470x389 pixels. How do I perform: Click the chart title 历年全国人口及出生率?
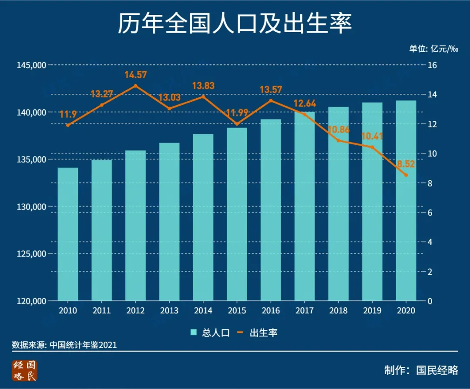[235, 24]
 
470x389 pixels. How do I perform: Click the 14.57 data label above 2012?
[135, 75]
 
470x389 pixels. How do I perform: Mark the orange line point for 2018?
[338, 140]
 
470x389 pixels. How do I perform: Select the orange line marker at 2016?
[271, 100]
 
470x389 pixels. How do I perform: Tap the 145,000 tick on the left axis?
[31, 65]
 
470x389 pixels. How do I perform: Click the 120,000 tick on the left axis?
[31, 301]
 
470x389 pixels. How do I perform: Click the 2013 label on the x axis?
[169, 311]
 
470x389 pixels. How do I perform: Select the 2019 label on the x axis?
[372, 311]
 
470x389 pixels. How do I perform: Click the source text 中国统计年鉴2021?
[83, 345]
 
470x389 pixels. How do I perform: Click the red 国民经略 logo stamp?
[25, 370]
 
